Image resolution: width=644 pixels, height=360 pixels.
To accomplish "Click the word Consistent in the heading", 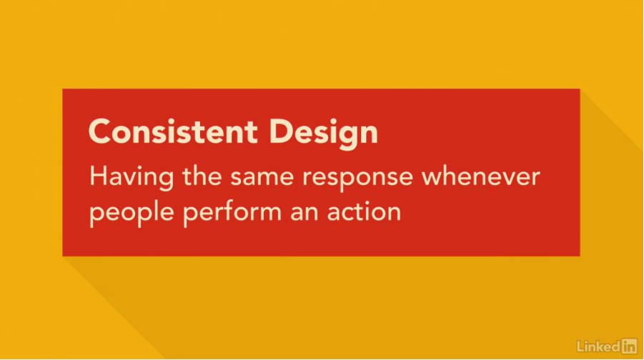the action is [x=173, y=131].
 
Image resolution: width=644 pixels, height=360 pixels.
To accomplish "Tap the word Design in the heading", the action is [x=323, y=134].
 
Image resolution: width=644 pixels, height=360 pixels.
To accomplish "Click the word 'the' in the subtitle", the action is [x=202, y=176].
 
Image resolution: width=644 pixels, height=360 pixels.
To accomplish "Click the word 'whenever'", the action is [x=481, y=176].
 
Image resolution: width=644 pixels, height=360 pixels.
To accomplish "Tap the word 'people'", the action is [x=132, y=214].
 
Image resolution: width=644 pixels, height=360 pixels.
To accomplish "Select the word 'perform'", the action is [x=232, y=214].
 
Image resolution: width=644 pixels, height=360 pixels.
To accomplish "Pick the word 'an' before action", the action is [x=304, y=214].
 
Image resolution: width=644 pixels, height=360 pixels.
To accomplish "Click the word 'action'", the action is [x=364, y=211].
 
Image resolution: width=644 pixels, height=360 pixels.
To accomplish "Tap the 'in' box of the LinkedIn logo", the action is [x=630, y=346].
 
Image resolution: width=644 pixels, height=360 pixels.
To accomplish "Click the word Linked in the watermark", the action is [x=599, y=346].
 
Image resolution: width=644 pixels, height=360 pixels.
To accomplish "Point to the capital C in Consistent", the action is [x=100, y=131].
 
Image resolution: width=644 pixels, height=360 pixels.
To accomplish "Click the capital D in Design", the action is [x=282, y=131].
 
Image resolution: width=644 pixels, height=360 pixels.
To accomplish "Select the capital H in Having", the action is [x=98, y=176].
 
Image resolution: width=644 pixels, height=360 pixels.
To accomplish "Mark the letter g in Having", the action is [x=165, y=181].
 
